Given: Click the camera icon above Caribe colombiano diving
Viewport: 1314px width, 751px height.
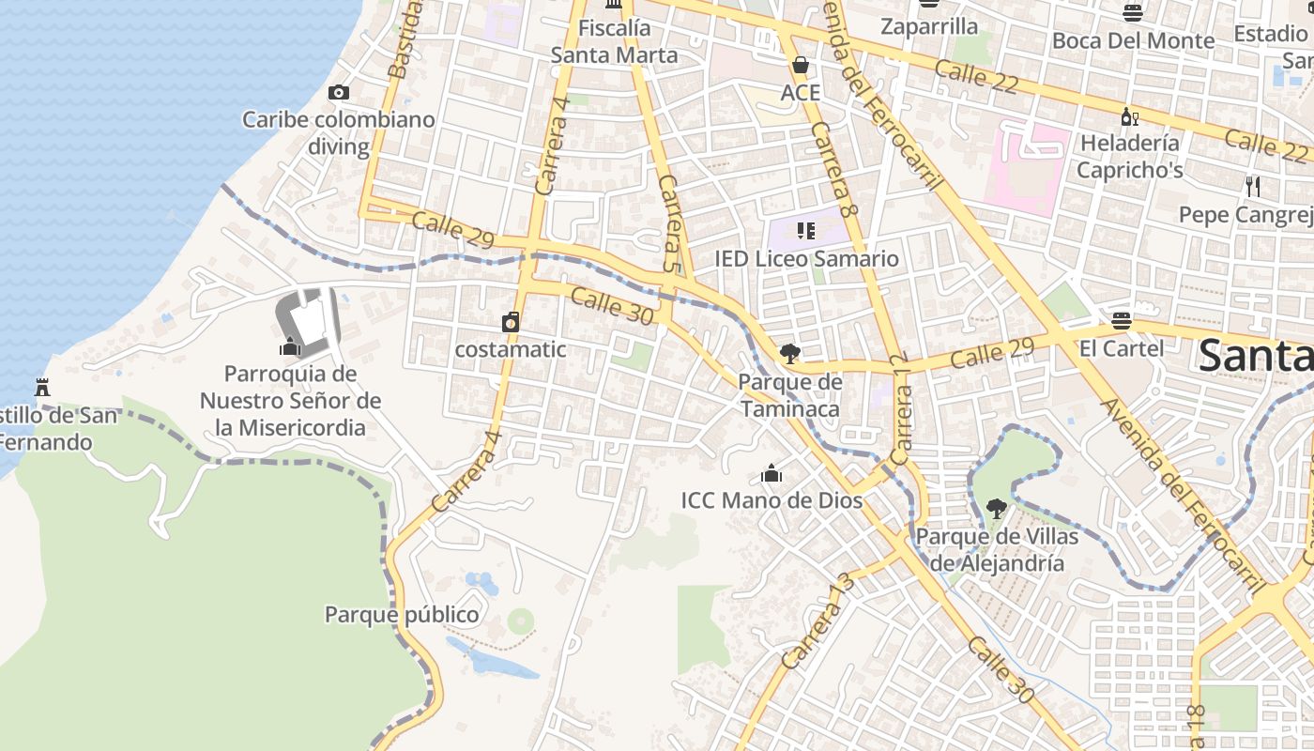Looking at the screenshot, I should [339, 92].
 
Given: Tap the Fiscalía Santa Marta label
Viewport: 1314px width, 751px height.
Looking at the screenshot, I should [614, 42].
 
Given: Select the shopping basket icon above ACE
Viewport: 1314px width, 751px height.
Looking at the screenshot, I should [801, 65].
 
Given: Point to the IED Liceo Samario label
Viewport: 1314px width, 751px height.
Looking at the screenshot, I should [807, 258].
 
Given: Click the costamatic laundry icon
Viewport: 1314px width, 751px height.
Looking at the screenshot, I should [511, 322].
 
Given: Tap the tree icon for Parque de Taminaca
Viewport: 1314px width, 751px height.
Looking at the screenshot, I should [790, 354].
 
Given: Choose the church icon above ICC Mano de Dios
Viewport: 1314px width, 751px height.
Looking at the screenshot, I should [772, 473].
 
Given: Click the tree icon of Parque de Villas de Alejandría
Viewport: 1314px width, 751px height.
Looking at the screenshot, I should [997, 509].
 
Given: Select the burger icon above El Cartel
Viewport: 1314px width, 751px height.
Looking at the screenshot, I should [1121, 320].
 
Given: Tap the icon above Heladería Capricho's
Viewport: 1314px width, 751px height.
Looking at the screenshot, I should [1129, 116].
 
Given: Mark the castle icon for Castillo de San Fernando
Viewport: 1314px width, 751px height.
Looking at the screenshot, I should [41, 387].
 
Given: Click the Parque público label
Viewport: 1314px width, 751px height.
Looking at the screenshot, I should [402, 615].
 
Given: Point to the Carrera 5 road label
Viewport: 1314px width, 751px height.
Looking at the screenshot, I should [670, 223].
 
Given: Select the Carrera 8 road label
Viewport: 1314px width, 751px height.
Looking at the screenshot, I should [835, 170].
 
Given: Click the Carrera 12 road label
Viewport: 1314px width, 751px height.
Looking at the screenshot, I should [901, 408].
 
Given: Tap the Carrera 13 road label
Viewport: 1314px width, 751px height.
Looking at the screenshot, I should [818, 621].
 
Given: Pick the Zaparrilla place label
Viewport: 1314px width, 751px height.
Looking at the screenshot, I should [929, 26].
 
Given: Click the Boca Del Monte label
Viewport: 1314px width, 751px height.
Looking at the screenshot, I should [1133, 40].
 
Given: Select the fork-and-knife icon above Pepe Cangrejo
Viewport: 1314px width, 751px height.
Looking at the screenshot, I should [1253, 186].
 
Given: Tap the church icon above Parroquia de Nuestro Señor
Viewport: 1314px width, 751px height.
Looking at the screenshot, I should [290, 346].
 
